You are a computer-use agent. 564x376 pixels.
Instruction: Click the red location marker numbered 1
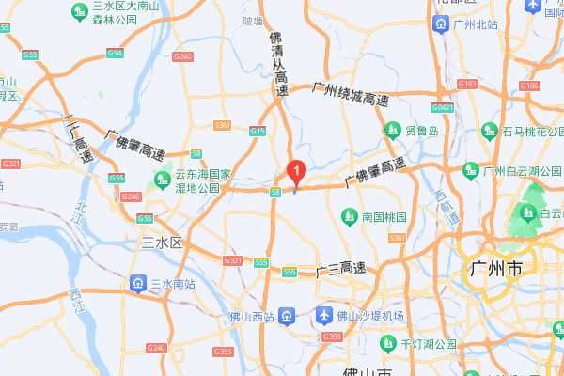pos(297,172)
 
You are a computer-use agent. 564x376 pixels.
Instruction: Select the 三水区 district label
pos(161,243)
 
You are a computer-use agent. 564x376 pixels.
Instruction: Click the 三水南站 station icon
pos(137,283)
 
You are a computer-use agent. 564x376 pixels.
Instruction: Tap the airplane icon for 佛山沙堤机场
pos(325,315)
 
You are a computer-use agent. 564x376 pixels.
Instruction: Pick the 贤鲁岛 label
pos(422,131)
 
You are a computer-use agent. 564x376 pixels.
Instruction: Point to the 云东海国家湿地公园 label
pos(203,181)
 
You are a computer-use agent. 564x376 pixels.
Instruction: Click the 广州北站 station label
pos(474,25)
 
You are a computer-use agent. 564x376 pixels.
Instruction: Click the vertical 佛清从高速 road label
pos(279,66)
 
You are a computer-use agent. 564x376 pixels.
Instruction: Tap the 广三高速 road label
pos(340,271)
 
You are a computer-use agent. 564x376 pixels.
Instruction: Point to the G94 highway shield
pos(115,54)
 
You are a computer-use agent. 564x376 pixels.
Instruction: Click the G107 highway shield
pos(467,85)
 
